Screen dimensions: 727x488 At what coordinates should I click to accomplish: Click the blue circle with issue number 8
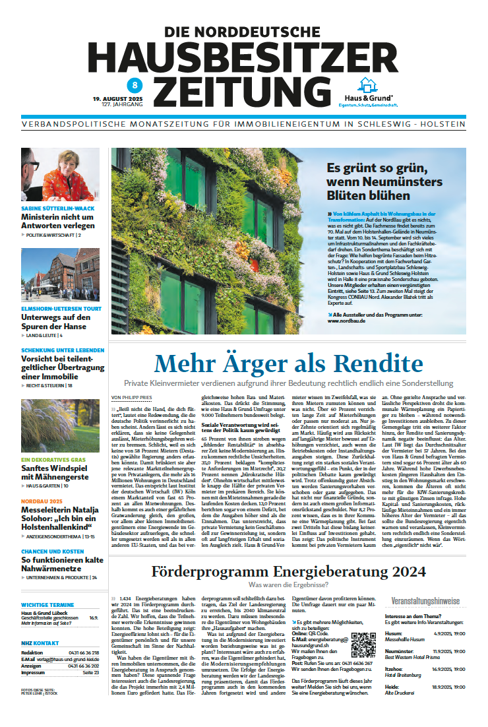click(135, 84)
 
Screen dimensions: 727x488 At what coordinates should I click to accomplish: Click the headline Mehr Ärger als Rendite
click(288, 363)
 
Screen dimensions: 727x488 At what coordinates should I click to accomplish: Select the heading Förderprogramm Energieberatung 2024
click(288, 571)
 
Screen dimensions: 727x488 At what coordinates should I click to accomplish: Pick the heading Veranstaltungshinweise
click(425, 601)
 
